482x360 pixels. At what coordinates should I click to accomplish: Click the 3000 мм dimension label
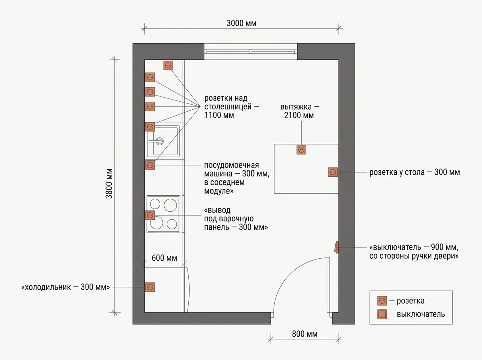point(241,23)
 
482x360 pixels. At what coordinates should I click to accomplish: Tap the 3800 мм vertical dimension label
point(109,184)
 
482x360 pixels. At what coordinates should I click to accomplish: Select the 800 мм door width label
point(304,334)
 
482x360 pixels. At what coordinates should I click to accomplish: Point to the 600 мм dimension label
point(164,258)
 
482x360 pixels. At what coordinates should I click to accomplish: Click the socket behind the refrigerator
point(150,287)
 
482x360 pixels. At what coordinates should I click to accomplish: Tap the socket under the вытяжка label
point(301,150)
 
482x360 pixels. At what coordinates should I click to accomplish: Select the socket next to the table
point(333,172)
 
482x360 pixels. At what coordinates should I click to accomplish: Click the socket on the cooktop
point(150,215)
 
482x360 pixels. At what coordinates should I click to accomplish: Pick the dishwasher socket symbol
point(150,165)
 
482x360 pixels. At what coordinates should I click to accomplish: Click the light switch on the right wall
point(336,247)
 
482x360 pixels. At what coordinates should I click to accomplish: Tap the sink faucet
point(156,141)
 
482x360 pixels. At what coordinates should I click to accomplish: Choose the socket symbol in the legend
point(382,301)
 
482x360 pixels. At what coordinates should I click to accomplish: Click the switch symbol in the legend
point(382,314)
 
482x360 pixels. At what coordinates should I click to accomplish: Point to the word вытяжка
point(296,107)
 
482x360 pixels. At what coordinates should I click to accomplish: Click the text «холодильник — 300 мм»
point(65,287)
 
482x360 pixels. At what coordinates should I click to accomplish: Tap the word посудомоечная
point(231,165)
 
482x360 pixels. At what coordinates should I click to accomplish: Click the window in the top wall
point(251,51)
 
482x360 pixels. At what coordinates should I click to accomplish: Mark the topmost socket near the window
point(168,65)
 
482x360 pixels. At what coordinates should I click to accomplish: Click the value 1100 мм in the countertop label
point(219,115)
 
